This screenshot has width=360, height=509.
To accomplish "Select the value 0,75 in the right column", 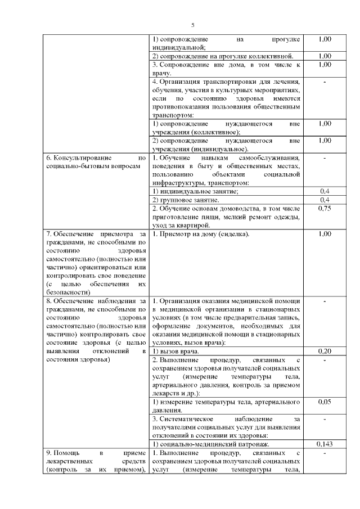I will click(324, 208).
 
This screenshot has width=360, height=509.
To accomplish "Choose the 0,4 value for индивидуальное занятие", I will click(324, 191).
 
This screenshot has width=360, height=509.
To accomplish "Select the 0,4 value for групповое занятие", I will click(324, 200).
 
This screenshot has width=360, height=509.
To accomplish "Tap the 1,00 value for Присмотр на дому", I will click(324, 233).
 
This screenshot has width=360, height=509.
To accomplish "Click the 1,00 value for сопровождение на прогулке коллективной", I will click(324, 56).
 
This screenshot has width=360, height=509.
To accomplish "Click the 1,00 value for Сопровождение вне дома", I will click(324, 65).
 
